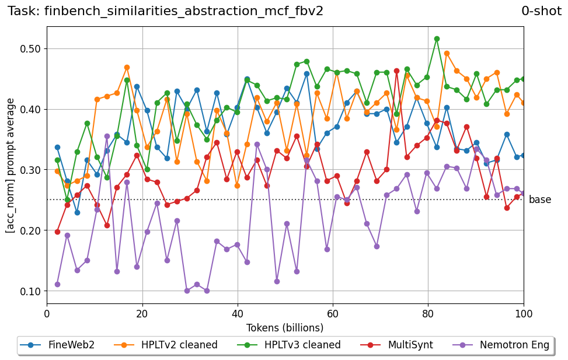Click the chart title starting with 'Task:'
click(x=165, y=11)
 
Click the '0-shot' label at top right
click(x=541, y=11)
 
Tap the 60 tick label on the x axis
click(x=333, y=313)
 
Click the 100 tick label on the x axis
click(x=524, y=313)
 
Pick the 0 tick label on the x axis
click(x=47, y=313)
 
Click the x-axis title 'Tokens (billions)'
click(x=285, y=327)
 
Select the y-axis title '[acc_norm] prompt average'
click(x=11, y=165)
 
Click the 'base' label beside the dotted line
click(x=539, y=200)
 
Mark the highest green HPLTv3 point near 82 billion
click(x=437, y=39)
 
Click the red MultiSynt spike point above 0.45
click(x=396, y=71)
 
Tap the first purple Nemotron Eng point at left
click(x=57, y=284)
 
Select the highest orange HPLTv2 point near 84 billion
click(x=447, y=53)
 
